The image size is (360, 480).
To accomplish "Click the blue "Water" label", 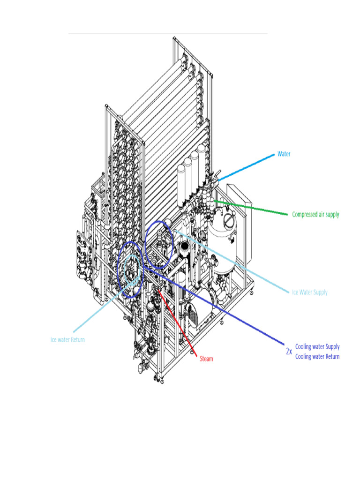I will [x=284, y=154].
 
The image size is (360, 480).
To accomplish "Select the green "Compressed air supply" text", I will [x=315, y=215].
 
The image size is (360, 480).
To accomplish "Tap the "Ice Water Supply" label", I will [x=309, y=292].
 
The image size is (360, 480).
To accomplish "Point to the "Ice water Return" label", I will [x=68, y=339].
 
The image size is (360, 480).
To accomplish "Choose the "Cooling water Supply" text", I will [x=317, y=347].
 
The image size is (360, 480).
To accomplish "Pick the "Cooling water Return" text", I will [x=317, y=357].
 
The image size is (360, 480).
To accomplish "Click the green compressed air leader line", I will [x=253, y=208].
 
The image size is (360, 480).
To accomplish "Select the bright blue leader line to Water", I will [x=246, y=167].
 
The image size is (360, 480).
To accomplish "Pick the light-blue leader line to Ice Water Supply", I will [x=234, y=262].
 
